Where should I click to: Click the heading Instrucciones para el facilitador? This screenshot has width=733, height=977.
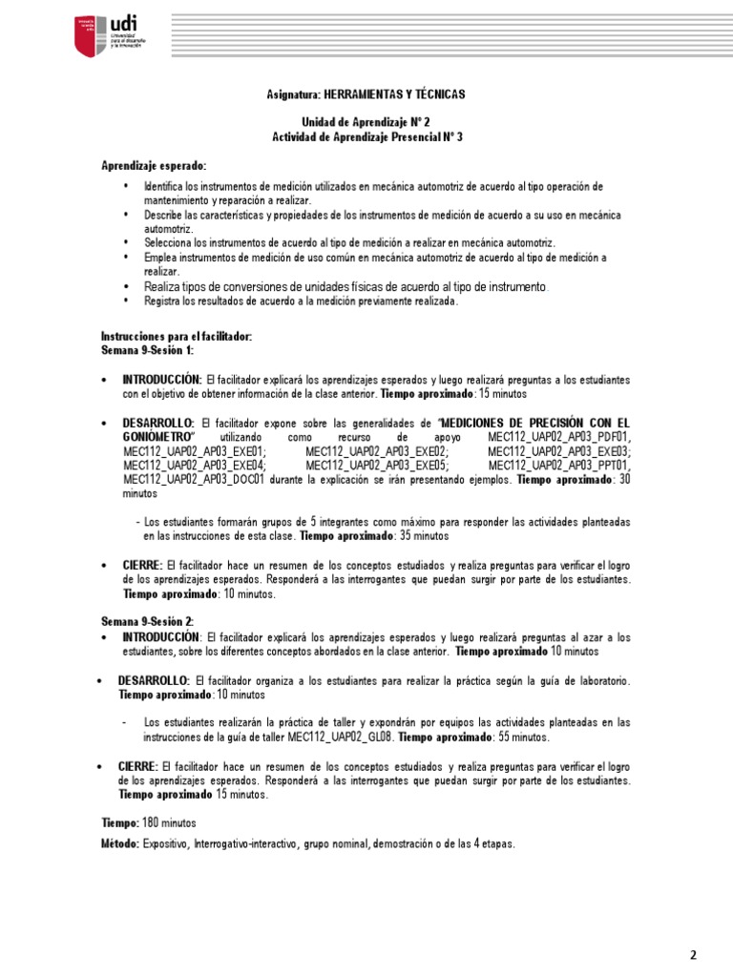(177, 337)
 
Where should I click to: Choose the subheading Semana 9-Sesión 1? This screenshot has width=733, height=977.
(147, 351)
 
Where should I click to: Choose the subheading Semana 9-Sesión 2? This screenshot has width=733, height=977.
(147, 621)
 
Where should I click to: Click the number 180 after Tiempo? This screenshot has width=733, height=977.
(152, 821)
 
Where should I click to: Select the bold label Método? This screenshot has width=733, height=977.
(120, 843)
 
